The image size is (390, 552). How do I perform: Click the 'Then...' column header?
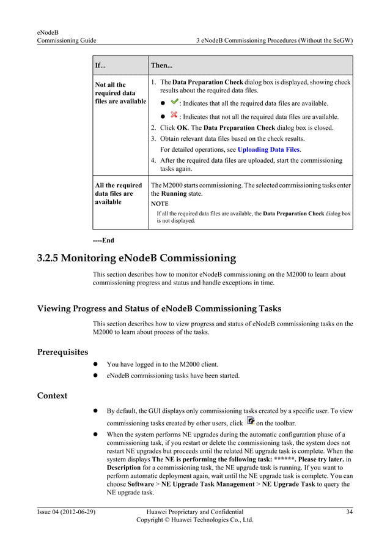[x=161, y=65]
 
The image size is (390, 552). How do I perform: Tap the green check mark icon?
[x=174, y=102]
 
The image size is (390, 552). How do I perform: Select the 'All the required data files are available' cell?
[x=117, y=193]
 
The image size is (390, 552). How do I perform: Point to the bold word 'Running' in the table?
[x=173, y=193]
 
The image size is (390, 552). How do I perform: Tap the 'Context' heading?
[x=53, y=395]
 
